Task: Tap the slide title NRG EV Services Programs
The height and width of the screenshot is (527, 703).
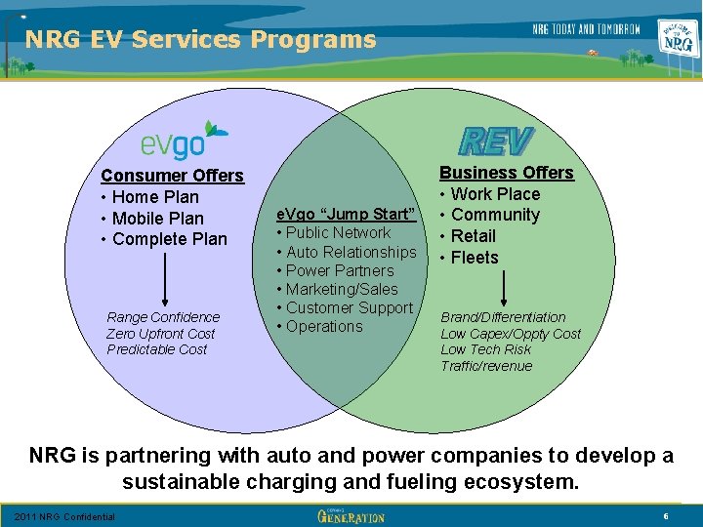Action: tap(200, 39)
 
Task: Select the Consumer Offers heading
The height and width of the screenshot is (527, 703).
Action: tap(173, 176)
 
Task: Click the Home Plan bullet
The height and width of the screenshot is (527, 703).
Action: tap(155, 197)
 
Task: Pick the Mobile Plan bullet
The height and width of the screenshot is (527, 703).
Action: tap(158, 219)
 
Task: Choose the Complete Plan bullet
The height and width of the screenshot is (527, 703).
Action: tap(169, 239)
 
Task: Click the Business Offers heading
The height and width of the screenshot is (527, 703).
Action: tap(507, 173)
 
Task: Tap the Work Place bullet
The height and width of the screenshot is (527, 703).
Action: tap(495, 194)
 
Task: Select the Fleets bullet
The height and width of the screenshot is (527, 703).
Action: tap(475, 258)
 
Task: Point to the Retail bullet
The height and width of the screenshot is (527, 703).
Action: tap(474, 236)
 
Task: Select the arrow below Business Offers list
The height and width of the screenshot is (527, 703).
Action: tap(503, 287)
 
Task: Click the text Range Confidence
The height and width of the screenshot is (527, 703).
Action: tap(163, 317)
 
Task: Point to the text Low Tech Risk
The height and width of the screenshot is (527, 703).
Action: tap(486, 349)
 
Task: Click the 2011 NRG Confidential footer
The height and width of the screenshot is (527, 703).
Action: tap(64, 516)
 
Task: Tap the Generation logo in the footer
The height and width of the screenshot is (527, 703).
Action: tap(351, 515)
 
